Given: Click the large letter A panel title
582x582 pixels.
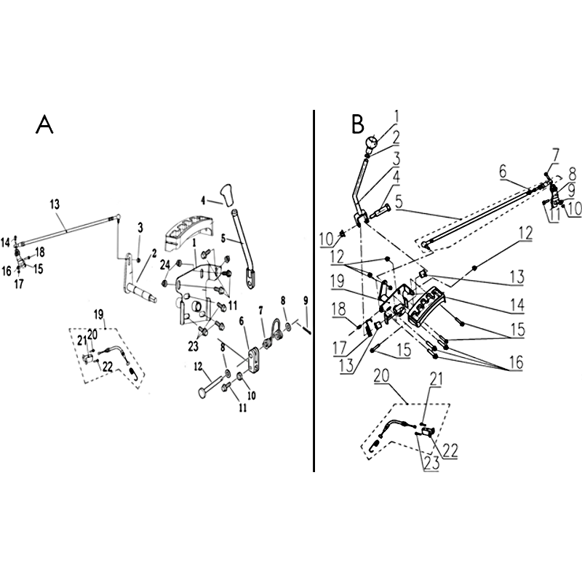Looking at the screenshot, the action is (x=44, y=124).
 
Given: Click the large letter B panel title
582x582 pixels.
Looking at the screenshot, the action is (x=358, y=124).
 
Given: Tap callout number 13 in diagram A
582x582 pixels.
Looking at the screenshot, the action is (x=55, y=204).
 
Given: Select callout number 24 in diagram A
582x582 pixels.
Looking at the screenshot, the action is (x=165, y=265).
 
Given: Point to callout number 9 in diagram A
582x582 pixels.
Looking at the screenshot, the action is (x=306, y=300).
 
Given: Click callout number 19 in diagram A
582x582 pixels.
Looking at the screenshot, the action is (x=98, y=315).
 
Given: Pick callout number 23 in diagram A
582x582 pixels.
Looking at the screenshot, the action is (x=193, y=346).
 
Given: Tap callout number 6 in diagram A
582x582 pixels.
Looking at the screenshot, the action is (x=242, y=321).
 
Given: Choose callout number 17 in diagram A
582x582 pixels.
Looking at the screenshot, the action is (x=19, y=284).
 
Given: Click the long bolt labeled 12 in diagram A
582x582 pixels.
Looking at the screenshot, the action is (x=210, y=388).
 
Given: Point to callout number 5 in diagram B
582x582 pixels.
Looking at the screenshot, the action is (x=399, y=202).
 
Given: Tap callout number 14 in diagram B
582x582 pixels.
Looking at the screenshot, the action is (x=517, y=304).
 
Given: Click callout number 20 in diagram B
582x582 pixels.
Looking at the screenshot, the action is (x=381, y=376).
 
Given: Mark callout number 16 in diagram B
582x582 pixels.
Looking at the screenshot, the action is (x=517, y=362).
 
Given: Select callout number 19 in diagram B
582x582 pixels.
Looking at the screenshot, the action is (x=338, y=281).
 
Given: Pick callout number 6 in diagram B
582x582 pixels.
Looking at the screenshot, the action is (x=503, y=172).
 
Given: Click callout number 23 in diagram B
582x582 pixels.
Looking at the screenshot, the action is (x=431, y=463).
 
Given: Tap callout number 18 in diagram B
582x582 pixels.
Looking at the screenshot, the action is (x=339, y=310).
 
